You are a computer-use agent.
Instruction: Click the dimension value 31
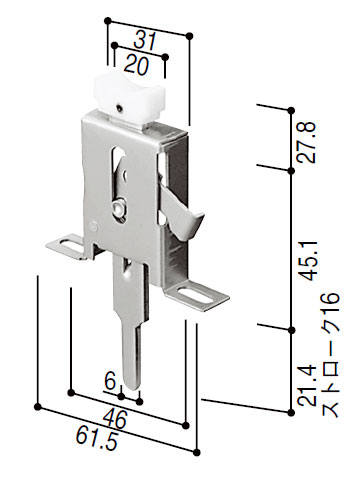click(145, 41)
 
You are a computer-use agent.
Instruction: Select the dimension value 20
click(136, 65)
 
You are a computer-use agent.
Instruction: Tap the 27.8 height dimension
click(307, 142)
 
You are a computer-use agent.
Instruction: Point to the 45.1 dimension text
click(307, 261)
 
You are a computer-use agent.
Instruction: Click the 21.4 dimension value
click(307, 385)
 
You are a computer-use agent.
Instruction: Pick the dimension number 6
click(110, 380)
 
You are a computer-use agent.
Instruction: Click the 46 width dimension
click(115, 419)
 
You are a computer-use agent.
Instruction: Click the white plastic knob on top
click(131, 94)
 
